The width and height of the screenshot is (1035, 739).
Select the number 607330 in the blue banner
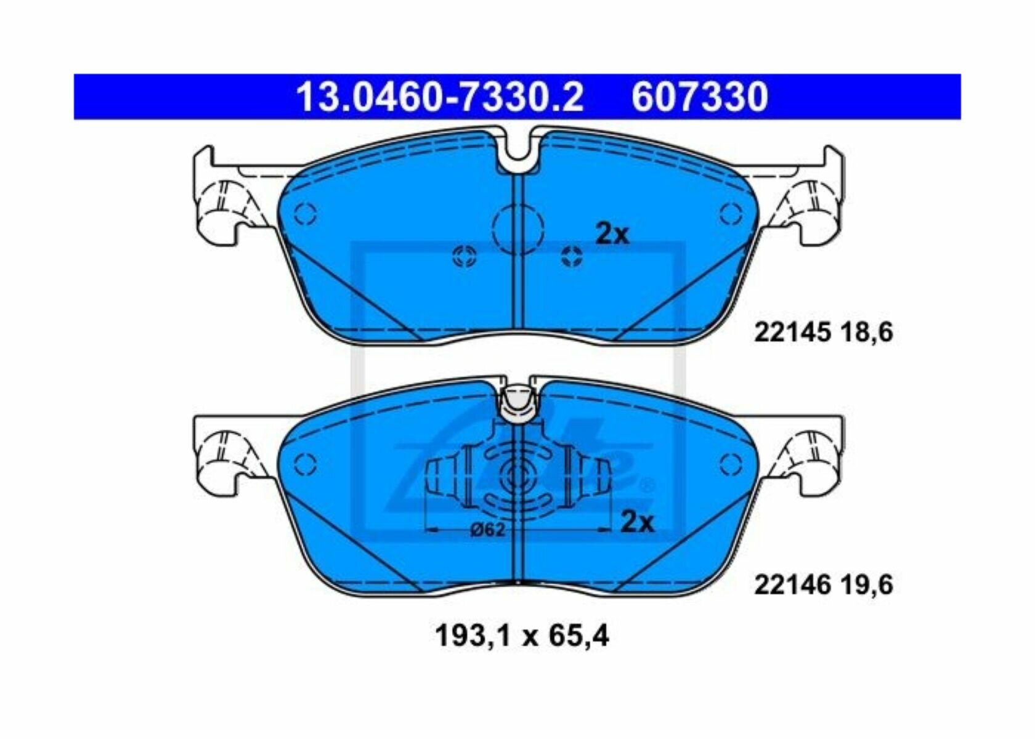700,97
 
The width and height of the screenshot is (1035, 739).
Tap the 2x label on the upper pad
612,235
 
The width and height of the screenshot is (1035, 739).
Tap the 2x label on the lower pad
638,522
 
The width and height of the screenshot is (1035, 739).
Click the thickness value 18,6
866,333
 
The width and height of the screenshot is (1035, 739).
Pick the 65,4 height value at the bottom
579,636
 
